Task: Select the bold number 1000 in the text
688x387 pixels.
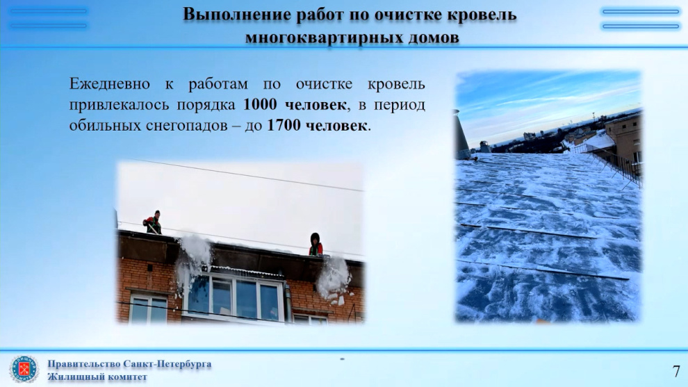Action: [x=260, y=104]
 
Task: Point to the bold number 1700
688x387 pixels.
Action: [x=284, y=125]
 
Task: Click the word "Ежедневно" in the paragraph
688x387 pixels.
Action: [x=109, y=83]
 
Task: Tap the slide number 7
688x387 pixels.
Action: [x=676, y=371]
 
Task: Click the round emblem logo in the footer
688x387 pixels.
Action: [x=24, y=369]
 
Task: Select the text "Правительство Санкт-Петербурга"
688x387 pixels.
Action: [x=129, y=364]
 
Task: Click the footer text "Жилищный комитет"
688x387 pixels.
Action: [x=97, y=377]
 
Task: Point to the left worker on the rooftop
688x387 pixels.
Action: [x=153, y=222]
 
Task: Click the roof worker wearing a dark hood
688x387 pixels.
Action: [x=316, y=245]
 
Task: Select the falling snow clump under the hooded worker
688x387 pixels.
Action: [x=333, y=279]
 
